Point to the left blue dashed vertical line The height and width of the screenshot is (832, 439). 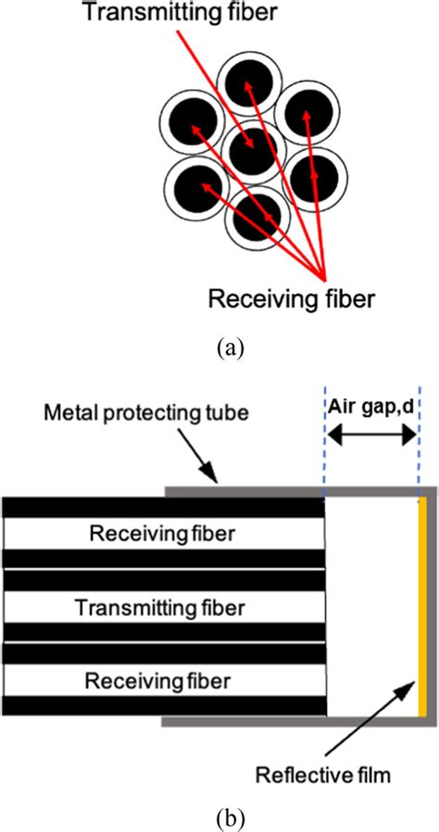[325, 445]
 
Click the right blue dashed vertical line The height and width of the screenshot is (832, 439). [418, 445]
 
